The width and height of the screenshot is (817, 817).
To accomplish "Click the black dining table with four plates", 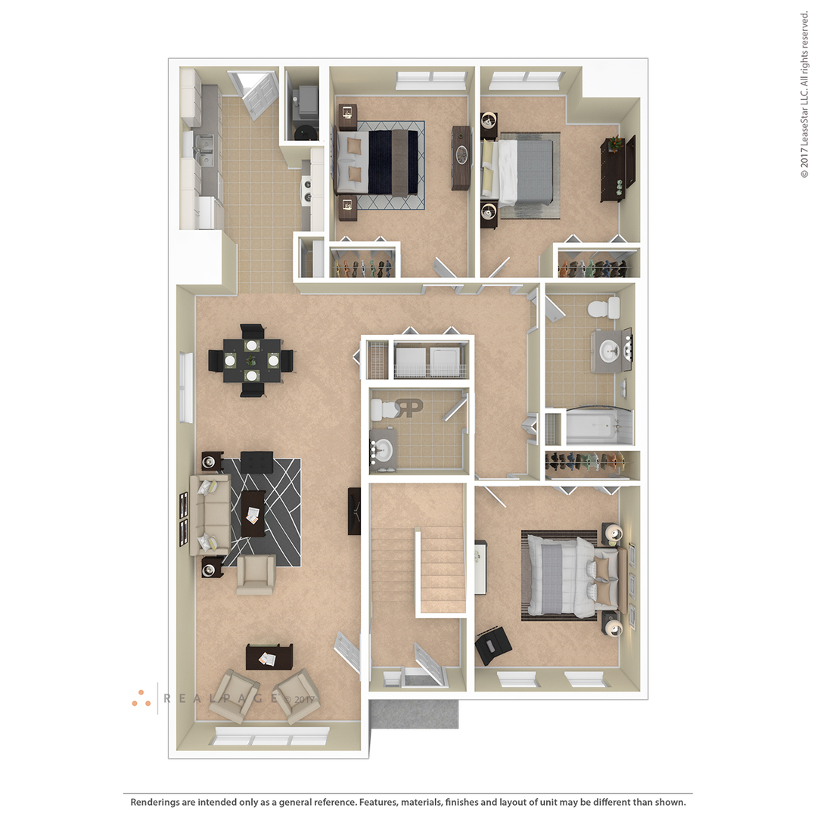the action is [252, 360].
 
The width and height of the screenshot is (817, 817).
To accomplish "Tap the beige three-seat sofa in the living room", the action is [210, 514].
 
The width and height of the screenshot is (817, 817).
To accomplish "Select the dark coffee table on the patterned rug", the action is [253, 514].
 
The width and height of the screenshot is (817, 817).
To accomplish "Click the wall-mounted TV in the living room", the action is [354, 511].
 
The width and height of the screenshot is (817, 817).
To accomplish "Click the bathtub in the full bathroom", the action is [599, 426].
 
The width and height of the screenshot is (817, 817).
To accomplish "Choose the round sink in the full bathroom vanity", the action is [608, 351].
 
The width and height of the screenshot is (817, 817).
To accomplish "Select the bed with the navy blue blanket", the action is [377, 163].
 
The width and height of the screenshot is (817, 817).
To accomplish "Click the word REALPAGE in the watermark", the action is [221, 698].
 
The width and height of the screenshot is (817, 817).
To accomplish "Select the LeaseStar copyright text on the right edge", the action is [804, 95].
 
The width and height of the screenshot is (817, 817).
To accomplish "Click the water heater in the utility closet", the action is [306, 132].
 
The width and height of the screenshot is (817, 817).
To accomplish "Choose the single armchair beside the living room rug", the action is [256, 575].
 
